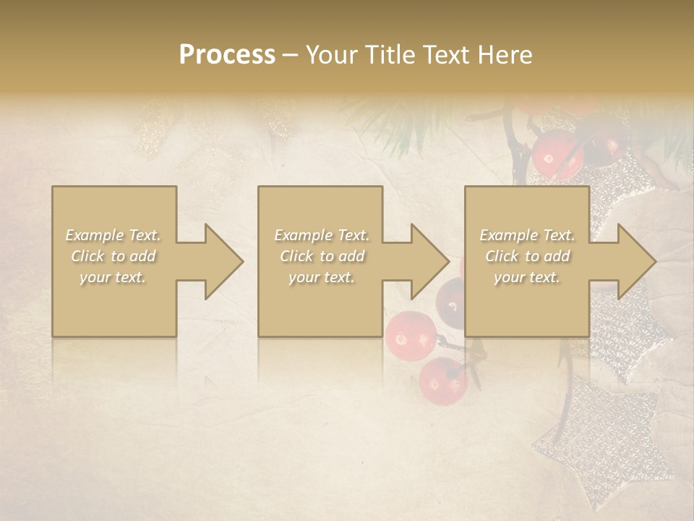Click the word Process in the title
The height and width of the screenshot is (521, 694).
(x=227, y=54)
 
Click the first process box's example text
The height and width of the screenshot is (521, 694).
(x=113, y=256)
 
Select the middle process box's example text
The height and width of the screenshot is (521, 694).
(x=321, y=256)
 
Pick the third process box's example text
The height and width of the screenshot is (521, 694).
(x=527, y=256)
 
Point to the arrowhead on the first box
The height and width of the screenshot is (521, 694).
(x=224, y=261)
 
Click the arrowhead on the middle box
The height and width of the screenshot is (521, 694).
(x=430, y=261)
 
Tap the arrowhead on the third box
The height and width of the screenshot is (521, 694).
(x=637, y=261)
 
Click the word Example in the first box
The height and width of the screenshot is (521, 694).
(x=94, y=235)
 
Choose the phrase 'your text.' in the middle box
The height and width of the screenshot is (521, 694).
(x=321, y=277)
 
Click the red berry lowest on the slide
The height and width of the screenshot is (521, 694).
(x=443, y=380)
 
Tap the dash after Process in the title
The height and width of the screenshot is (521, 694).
(x=291, y=55)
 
